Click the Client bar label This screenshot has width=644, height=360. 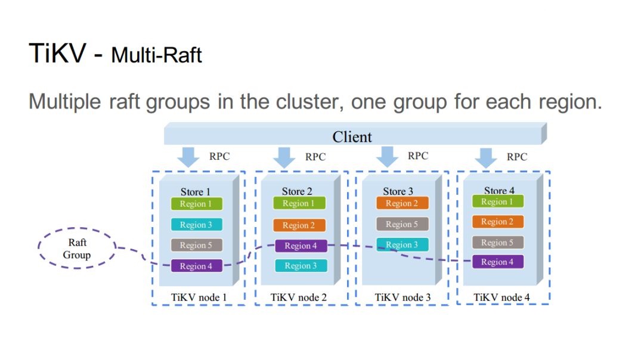(x=352, y=136)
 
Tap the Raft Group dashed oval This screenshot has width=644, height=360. (x=77, y=228)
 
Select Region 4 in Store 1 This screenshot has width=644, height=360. (x=196, y=266)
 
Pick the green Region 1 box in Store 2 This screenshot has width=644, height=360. (x=299, y=203)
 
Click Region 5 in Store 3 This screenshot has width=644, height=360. (x=402, y=224)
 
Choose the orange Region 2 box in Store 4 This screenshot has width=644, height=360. (x=498, y=222)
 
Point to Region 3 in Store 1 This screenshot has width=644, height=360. (x=196, y=225)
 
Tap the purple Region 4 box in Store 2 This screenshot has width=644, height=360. (x=301, y=246)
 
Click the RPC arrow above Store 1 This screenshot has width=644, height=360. (x=188, y=157)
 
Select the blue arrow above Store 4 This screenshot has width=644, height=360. (x=486, y=157)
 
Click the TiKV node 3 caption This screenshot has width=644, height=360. (x=402, y=297)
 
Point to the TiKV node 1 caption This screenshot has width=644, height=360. (x=199, y=297)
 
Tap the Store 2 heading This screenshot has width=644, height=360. (x=297, y=191)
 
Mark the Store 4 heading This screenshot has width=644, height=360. (x=499, y=191)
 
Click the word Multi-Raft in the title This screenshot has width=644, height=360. (x=156, y=55)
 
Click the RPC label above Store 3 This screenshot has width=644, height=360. (x=418, y=156)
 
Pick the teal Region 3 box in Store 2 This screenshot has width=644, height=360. (x=301, y=266)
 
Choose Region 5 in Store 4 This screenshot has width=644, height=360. (x=498, y=242)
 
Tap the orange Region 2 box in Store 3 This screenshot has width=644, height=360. (x=402, y=203)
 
